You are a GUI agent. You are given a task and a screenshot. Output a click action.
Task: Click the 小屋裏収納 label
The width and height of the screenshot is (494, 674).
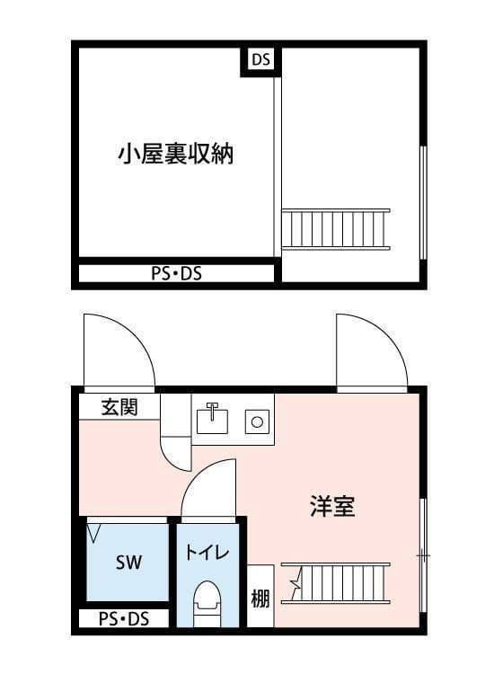tap(175, 154)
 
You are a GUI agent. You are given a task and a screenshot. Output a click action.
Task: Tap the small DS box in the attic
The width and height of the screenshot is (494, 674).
tap(260, 61)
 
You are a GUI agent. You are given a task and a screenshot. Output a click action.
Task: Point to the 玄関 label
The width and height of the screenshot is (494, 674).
tap(119, 407)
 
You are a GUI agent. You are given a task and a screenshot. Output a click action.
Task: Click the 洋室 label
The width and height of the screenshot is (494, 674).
tap(332, 507)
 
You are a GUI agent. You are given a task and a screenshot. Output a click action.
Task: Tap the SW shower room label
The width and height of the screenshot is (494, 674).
tap(128, 563)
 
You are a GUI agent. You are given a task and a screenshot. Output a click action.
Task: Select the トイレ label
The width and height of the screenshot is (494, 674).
tap(208, 553)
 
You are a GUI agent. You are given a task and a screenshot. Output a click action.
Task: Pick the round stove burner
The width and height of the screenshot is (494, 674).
tap(256, 420)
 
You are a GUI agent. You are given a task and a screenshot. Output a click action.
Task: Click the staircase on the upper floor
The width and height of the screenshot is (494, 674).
tap(336, 228)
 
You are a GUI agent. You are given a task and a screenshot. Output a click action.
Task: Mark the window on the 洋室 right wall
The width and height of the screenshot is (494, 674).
tap(422, 557)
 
